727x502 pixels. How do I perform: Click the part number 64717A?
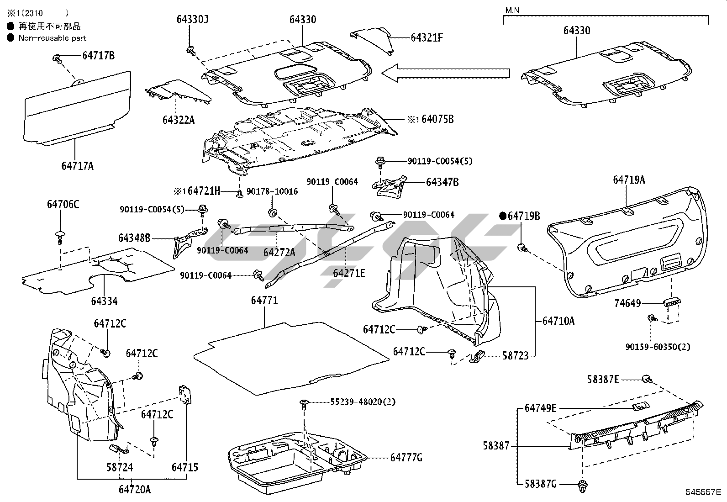click(x=77, y=166)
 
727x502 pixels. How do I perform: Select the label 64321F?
click(x=427, y=37)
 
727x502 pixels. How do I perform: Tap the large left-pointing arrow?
click(x=445, y=73)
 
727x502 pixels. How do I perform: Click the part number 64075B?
click(x=437, y=119)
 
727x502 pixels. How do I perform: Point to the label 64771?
click(x=264, y=301)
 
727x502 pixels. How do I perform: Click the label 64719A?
click(x=629, y=180)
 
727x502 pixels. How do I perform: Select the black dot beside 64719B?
click(x=502, y=216)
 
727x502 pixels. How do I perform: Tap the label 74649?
click(x=627, y=303)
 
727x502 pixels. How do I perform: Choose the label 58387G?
click(x=540, y=484)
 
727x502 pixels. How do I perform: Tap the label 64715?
click(x=185, y=467)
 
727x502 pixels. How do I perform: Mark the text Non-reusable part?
click(x=52, y=38)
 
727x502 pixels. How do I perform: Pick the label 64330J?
click(x=192, y=19)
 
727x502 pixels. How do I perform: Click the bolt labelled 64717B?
click(x=57, y=58)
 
